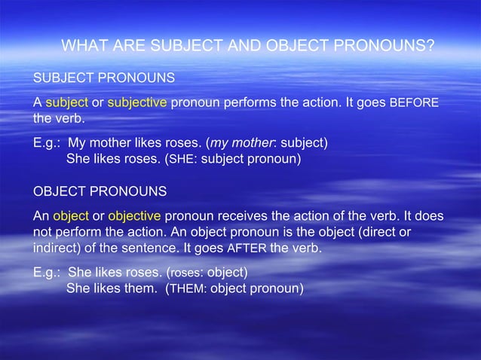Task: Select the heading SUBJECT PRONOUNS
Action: tap(103, 78)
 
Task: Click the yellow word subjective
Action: tap(137, 102)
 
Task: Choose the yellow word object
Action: tap(71, 216)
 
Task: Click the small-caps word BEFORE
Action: tap(414, 103)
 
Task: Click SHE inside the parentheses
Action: tap(185, 160)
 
